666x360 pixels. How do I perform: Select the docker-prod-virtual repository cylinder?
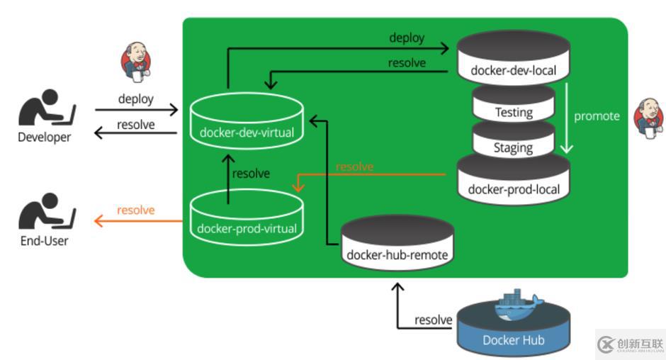(247, 217)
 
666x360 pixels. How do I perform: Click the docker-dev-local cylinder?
(513, 60)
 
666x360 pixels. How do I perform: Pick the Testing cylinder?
(514, 105)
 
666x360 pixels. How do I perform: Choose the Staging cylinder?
(514, 140)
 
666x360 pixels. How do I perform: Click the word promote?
(597, 116)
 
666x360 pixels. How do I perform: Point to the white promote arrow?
(567, 117)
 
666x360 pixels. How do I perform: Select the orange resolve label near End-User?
(135, 210)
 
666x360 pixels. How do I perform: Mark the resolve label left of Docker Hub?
(434, 320)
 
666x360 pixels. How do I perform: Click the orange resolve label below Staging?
(354, 167)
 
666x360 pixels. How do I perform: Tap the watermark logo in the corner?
(630, 344)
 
